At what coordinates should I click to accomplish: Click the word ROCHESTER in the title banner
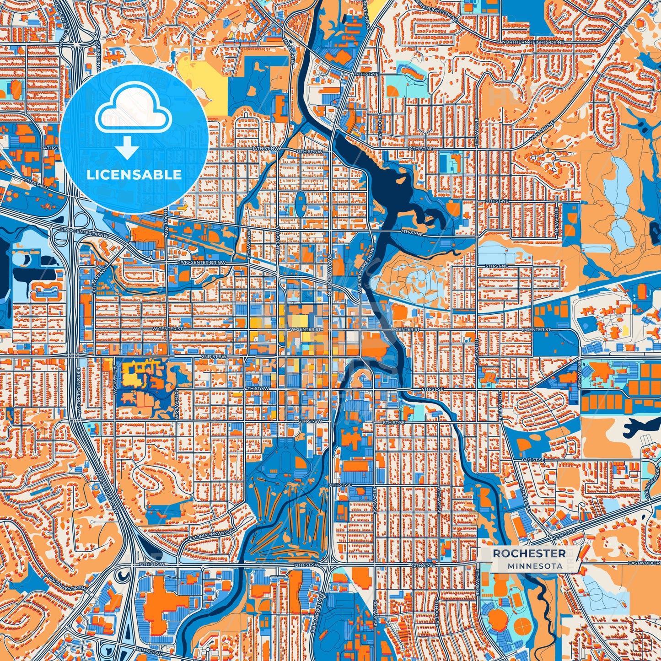tap(529, 554)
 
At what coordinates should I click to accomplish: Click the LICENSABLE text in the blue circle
tap(134, 175)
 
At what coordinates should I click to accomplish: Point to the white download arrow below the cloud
tap(128, 148)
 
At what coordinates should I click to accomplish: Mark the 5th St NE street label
tap(497, 266)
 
